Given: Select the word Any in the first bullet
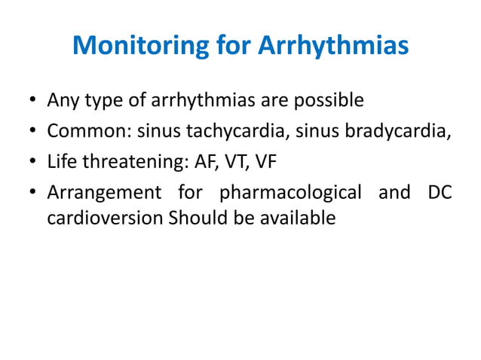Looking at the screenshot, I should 61,100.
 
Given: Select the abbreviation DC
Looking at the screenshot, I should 438,192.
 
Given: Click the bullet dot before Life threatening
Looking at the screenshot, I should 32,163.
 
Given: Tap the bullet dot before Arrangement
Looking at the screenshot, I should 32,194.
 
